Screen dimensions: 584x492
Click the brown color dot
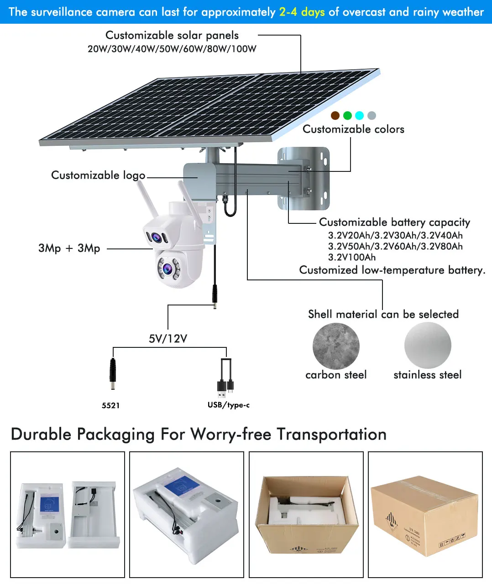[x=335, y=115]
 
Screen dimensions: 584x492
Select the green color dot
[x=347, y=115]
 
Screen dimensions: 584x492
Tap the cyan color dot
[x=360, y=115]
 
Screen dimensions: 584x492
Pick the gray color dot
[x=372, y=115]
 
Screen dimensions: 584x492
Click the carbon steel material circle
[x=336, y=346]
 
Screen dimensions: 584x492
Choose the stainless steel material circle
[x=428, y=345]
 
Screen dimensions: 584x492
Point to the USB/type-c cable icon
[x=226, y=378]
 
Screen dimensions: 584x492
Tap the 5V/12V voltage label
[x=168, y=339]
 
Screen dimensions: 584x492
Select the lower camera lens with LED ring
[x=168, y=268]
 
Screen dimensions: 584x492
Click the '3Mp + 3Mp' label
[x=69, y=248]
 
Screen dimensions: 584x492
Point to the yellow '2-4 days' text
[x=302, y=12]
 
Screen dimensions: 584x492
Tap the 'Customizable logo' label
[x=98, y=175]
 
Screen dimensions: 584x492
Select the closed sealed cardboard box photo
[x=425, y=515]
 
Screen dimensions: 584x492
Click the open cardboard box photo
[x=306, y=515]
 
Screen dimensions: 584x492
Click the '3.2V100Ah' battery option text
[x=352, y=257]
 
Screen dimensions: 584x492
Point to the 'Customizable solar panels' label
[x=172, y=36]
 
